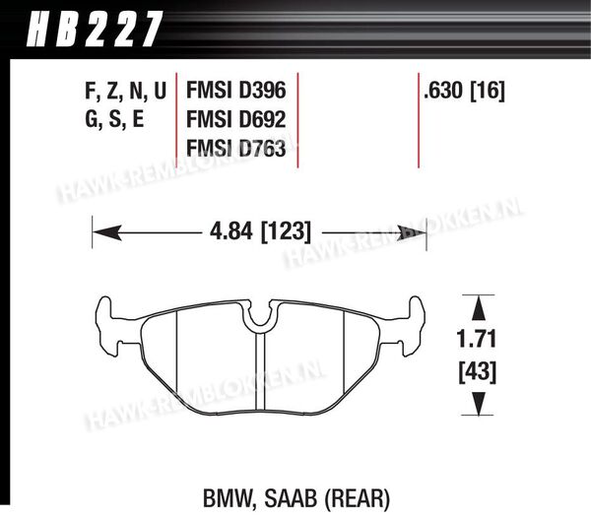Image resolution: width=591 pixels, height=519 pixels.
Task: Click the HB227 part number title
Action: (x=95, y=29)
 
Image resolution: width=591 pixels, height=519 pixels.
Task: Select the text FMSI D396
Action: (x=236, y=91)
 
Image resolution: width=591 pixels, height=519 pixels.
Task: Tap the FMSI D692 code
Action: (x=236, y=119)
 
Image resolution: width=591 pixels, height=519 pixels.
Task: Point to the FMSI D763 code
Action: (x=236, y=148)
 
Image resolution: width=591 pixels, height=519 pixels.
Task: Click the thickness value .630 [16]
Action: (x=464, y=91)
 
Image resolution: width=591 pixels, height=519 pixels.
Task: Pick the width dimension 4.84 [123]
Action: (x=260, y=231)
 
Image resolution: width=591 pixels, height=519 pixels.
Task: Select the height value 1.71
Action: (x=477, y=339)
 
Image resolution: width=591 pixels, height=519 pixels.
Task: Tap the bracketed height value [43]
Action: (x=477, y=372)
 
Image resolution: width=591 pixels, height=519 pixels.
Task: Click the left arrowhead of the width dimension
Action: (x=106, y=232)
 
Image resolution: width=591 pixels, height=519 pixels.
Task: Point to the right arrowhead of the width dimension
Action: (x=412, y=233)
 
